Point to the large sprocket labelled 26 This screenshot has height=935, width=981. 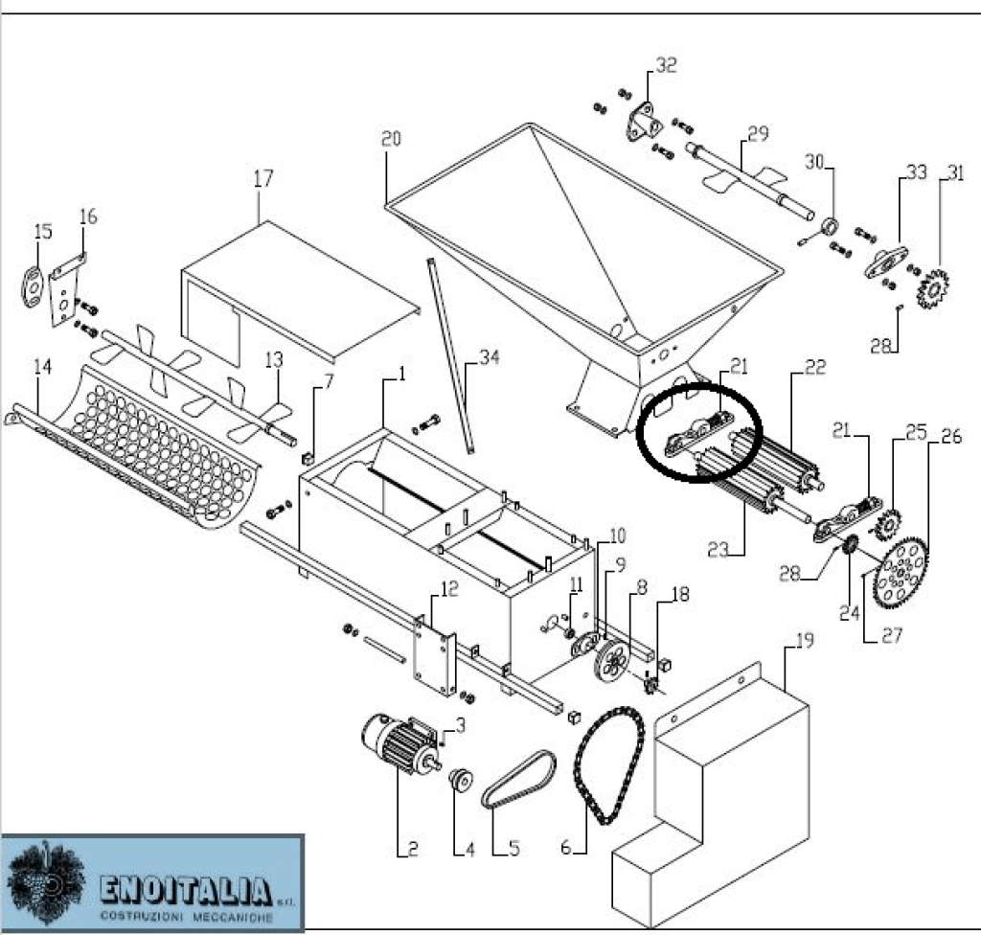coord(901,575)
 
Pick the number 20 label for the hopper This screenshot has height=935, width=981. coord(391,140)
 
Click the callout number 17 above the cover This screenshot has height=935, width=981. coord(263,179)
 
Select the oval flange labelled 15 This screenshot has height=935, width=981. coord(33,286)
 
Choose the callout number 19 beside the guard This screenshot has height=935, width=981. coord(805,641)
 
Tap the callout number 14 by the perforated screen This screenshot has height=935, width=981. coord(41,366)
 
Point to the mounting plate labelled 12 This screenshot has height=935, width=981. coord(434,651)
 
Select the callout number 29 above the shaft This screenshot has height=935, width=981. coord(758,134)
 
